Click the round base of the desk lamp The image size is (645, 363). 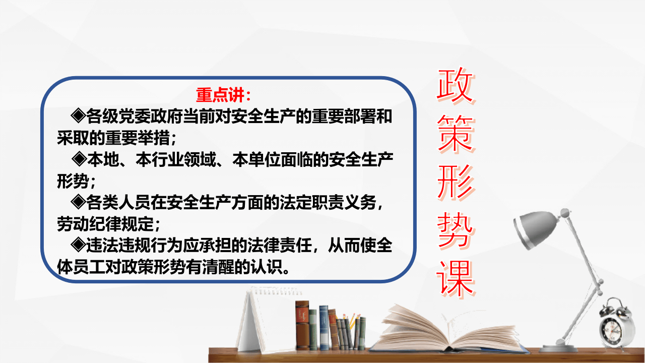click(559, 348)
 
